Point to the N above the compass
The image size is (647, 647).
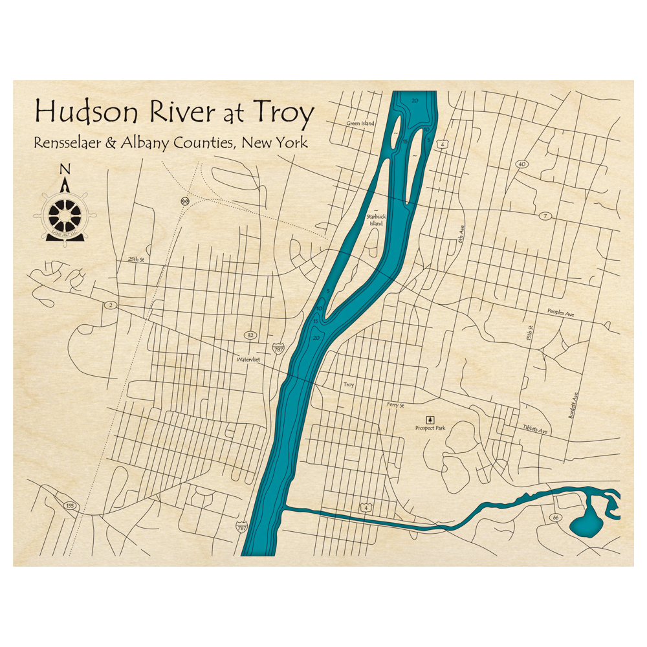64,170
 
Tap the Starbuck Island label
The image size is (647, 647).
376,220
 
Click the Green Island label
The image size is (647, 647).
360,123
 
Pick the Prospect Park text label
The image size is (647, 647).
430,428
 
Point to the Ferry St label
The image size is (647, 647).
395,404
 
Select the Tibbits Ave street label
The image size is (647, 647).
535,430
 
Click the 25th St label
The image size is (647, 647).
134,259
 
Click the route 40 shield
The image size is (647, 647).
521,164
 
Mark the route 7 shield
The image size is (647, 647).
545,215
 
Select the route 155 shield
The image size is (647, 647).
71,505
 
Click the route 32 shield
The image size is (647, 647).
250,335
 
